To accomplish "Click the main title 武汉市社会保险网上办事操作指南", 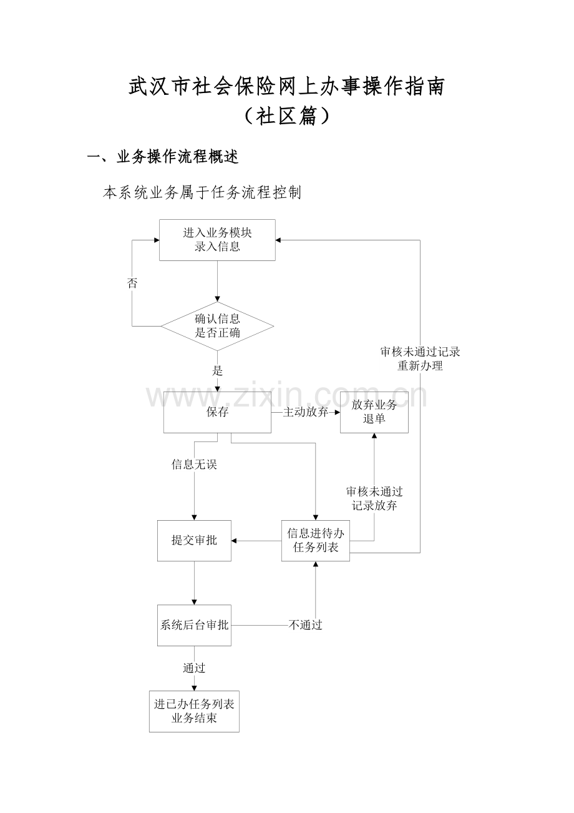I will pos(286,87).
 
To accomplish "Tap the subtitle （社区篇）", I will pos(286,116).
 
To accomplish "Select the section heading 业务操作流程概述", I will pos(177,157).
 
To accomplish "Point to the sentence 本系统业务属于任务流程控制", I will pos(202,193).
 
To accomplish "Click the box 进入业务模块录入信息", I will pos(217,240).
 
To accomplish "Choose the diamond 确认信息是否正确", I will pos(217,326).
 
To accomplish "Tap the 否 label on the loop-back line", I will pos(132,283).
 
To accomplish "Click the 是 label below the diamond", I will pos(217,370).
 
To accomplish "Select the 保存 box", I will pos(217,412).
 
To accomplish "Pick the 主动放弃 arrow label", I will pos(306,412).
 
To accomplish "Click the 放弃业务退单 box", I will pos(374,412).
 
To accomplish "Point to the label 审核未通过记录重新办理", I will pos(420,358).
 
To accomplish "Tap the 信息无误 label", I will pos(194,465).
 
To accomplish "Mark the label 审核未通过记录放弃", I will pos(374,499).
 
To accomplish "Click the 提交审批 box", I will pos(194,540).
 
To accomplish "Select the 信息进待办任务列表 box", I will pos(315,540).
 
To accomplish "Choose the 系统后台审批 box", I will pos(194,625).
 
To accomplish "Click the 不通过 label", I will pos(305,625).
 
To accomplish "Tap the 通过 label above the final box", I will pos(194,668).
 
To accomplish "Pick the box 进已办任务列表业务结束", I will pos(194,711).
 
